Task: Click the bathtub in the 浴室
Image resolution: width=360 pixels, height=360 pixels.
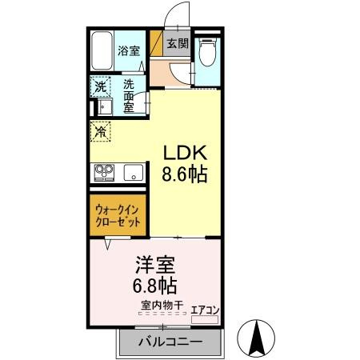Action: [x=102, y=50]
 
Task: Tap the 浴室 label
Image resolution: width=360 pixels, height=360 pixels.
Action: [x=129, y=50]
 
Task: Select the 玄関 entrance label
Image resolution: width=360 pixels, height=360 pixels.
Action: [x=178, y=43]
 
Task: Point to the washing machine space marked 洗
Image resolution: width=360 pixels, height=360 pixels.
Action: [x=101, y=86]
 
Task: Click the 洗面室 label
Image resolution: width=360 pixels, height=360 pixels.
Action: [x=129, y=96]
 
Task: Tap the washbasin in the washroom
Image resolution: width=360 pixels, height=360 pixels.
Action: [x=105, y=106]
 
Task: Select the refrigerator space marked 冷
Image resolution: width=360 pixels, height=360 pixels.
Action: [x=101, y=131]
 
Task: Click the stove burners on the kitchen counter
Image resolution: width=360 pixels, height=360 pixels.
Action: [x=104, y=173]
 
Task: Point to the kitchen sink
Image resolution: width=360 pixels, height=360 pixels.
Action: [x=134, y=173]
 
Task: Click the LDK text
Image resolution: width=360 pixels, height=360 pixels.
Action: [x=185, y=153]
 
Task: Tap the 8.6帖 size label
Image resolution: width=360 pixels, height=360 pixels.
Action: [x=185, y=174]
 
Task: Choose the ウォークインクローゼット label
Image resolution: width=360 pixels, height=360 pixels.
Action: [x=118, y=216]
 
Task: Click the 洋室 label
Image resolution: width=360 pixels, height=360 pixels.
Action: [x=155, y=265]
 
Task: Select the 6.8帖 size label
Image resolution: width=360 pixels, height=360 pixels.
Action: [x=154, y=286]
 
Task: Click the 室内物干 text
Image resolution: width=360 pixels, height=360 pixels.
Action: [x=162, y=305]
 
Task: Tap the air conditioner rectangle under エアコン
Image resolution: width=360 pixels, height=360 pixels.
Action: [x=205, y=319]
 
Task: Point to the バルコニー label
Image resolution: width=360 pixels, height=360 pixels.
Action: [x=170, y=342]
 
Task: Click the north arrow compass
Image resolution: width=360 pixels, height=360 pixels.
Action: [x=256, y=338]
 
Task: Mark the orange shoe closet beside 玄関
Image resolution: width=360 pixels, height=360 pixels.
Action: [x=157, y=43]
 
